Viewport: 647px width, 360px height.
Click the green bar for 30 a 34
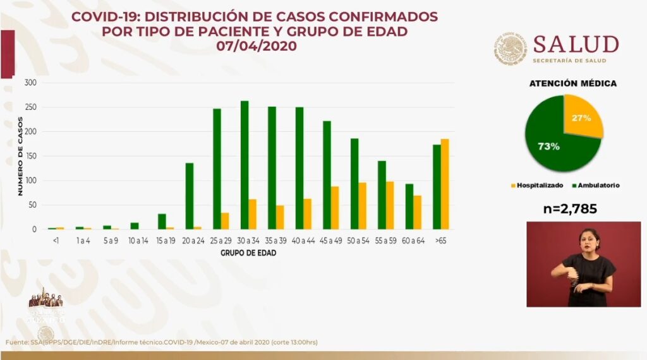(x=245, y=165)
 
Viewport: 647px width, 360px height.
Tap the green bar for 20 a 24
(x=189, y=196)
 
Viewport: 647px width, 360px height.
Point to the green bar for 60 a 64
(x=409, y=207)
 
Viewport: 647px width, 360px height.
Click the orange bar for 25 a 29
(x=224, y=221)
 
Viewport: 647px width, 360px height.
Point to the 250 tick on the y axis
(x=31, y=107)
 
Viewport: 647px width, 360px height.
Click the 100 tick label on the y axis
(x=31, y=181)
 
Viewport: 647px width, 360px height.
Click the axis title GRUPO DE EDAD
(x=248, y=253)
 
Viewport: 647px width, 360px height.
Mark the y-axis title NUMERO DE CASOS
(x=20, y=155)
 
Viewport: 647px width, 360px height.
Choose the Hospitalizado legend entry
(x=538, y=186)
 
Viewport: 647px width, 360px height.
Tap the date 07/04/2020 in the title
(x=256, y=46)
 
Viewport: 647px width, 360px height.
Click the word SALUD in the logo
(x=575, y=45)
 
